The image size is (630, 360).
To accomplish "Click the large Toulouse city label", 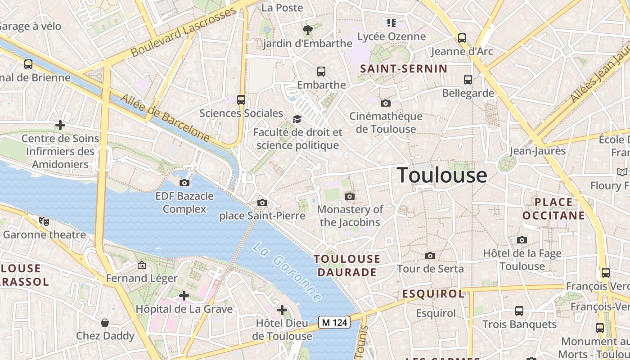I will point(442,175).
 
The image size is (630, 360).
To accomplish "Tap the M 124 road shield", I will point(334,322).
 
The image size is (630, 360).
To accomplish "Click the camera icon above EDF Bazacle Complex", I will point(184,183).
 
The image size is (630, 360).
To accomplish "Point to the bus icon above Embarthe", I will point(321,71).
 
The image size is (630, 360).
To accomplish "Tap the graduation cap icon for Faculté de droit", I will point(297,119).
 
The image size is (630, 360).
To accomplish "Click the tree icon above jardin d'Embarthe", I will point(308,30).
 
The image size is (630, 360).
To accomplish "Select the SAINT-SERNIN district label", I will point(404,69).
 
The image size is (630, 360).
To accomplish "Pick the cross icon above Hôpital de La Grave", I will point(184,296).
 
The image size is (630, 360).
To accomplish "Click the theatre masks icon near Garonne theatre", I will point(44,221).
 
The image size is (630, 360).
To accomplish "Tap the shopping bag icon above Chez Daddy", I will point(105,323).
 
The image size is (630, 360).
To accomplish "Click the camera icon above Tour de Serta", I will point(430,256).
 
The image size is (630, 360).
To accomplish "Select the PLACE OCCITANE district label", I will point(554,209).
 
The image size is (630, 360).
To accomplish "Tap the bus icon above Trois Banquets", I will point(519,310).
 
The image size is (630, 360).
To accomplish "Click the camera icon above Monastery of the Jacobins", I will point(350,196).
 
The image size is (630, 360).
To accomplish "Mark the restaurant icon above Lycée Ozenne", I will point(391,22).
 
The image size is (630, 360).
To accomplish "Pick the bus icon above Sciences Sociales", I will point(241,100).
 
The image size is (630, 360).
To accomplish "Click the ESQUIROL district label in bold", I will point(433,294).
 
